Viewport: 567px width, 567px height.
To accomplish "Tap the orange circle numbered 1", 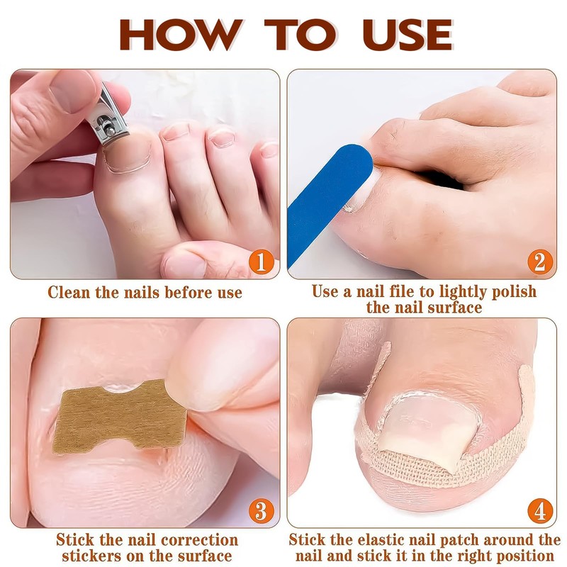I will click(260, 264).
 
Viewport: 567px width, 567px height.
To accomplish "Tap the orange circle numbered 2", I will click(539, 264).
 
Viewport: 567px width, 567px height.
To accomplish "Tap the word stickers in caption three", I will click(89, 556).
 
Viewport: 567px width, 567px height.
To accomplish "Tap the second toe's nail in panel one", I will click(175, 131).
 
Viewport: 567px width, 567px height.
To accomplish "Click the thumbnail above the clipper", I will click(71, 89).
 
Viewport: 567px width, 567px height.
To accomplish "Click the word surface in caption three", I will click(206, 556).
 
